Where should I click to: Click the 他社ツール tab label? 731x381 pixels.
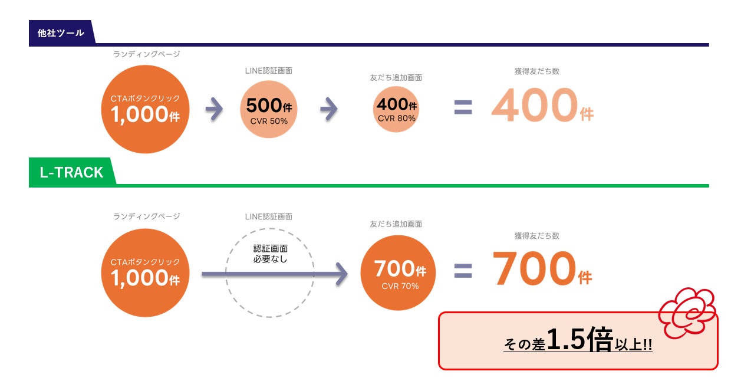61,33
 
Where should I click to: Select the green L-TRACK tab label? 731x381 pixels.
71,172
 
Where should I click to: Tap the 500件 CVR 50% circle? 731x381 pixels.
269,109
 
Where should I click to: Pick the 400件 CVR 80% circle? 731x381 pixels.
396,109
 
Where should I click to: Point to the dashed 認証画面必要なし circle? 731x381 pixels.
270,273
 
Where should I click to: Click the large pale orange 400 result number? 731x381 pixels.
534,106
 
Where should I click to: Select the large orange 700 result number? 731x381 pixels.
534,270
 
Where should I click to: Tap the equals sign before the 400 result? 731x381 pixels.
463,107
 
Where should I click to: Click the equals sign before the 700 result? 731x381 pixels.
463,270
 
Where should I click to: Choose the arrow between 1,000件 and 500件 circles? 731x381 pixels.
215,109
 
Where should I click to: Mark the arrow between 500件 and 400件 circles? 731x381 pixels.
329,109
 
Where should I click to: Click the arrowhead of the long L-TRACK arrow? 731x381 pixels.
341,274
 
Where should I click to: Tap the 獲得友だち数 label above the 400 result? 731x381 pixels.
536,71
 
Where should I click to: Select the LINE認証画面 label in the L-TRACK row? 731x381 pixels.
269,217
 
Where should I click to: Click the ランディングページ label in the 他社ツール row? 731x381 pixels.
146,54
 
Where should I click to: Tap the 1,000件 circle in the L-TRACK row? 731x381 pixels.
146,273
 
